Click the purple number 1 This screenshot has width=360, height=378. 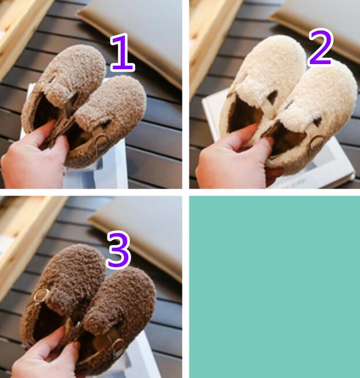pos(123,53)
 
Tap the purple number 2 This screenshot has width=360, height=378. pos(321,47)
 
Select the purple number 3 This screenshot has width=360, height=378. pos(118,250)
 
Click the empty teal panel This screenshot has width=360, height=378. pos(274,287)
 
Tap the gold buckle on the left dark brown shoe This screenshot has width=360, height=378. pos(40,295)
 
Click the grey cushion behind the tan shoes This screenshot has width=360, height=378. pos(135,31)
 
